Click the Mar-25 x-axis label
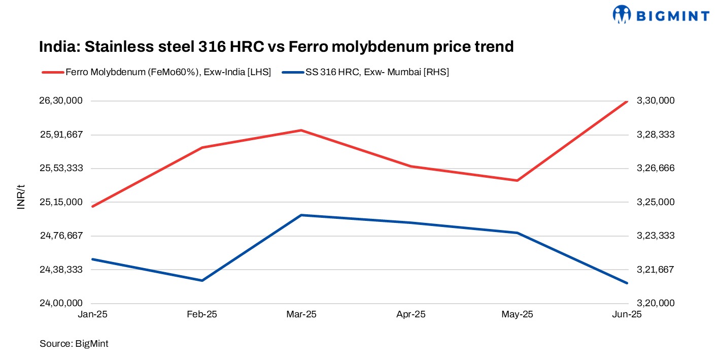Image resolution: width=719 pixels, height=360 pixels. pos(301,314)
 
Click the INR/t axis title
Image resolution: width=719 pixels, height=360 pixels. pos(21,198)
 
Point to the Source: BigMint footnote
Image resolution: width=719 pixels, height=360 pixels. pos(74,344)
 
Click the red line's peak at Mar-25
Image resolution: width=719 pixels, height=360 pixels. pos(301,130)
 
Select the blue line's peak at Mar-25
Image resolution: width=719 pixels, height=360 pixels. pos(301,215)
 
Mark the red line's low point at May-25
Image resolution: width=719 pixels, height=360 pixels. pos(517,180)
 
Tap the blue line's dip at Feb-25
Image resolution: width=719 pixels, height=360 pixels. pos(202,280)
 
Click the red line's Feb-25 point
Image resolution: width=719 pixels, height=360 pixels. pos(202,148)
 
